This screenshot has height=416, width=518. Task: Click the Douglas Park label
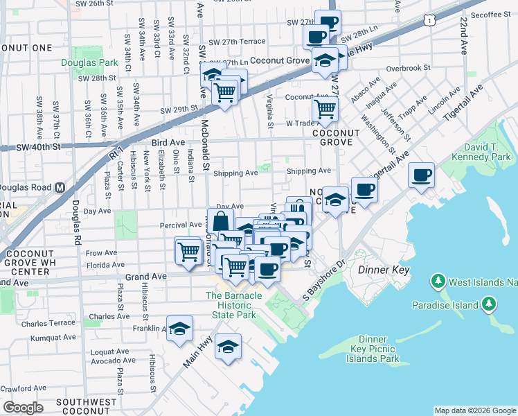coord(89,62)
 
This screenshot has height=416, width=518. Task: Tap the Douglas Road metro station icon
coord(60,187)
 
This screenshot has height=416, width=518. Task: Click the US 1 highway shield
coord(431,22)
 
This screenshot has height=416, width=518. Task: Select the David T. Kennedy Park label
coord(485,153)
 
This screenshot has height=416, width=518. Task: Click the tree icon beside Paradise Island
coord(488,304)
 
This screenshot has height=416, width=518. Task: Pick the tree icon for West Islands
coord(437,281)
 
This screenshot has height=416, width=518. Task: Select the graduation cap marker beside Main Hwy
coord(228,347)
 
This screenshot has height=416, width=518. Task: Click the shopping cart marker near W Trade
coord(324,108)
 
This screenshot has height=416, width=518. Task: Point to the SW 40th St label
coord(39,146)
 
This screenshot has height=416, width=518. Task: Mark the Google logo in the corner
coord(23,407)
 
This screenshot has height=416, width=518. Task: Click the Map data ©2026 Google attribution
coord(475,410)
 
